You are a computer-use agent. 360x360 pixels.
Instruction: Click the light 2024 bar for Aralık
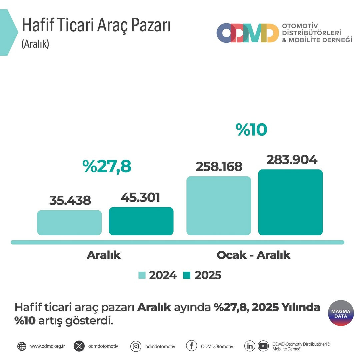(x=69, y=222)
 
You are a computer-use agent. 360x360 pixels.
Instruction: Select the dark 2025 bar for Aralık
(x=141, y=221)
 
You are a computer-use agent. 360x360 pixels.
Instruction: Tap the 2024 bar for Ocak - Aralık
(x=219, y=206)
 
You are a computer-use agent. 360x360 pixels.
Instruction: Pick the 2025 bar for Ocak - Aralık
(x=290, y=202)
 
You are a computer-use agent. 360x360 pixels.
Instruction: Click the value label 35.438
(x=70, y=201)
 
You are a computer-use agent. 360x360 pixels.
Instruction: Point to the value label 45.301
(x=140, y=197)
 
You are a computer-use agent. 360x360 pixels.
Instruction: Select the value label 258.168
(x=219, y=167)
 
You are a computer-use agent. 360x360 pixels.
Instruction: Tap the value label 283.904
(x=292, y=160)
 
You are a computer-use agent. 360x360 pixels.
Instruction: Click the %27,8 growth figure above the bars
(x=107, y=167)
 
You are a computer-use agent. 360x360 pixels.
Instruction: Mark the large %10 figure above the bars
(x=251, y=130)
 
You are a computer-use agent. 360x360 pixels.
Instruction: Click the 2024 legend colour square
(x=142, y=275)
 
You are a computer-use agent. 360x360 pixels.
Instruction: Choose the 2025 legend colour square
(x=187, y=275)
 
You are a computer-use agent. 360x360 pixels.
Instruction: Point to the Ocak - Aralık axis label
(x=253, y=255)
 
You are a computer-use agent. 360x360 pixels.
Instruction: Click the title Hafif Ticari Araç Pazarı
(x=96, y=26)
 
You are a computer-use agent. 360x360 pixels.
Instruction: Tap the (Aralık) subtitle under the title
(x=35, y=44)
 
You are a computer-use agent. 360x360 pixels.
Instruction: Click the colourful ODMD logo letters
(x=247, y=33)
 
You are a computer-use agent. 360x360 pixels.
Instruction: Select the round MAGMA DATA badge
(x=341, y=313)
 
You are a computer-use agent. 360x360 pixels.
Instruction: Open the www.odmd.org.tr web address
(x=47, y=346)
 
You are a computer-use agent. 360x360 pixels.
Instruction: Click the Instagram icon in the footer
(x=136, y=346)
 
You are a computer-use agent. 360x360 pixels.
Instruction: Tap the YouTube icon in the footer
(x=263, y=346)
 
